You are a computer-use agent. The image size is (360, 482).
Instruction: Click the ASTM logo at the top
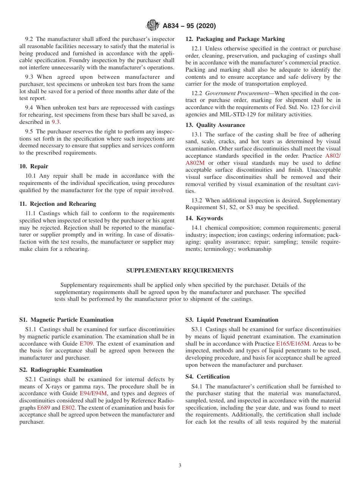[x=153, y=26]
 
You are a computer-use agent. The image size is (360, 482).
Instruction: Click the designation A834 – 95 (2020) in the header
[x=189, y=26]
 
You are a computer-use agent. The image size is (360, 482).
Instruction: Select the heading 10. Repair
[x=34, y=166]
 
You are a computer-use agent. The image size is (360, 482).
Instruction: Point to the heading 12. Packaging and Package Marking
[x=235, y=39]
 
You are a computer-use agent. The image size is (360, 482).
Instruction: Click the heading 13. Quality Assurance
[x=215, y=125]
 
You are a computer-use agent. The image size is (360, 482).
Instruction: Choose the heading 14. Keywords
[x=204, y=218]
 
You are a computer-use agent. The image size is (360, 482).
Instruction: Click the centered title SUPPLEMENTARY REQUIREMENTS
[x=180, y=271]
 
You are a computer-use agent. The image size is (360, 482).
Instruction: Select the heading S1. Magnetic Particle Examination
[x=66, y=320]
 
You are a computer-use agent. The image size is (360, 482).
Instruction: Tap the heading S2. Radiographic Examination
[x=61, y=370]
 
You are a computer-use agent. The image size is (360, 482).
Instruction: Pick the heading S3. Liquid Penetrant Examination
[x=232, y=320]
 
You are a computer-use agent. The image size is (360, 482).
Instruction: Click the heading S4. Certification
[x=208, y=377]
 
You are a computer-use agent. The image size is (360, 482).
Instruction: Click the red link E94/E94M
[x=93, y=394]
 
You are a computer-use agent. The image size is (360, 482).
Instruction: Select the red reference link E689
[x=43, y=408]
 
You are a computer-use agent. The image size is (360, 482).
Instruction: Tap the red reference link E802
[x=68, y=408]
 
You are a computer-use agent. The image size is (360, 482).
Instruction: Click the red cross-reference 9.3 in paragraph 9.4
[x=55, y=122]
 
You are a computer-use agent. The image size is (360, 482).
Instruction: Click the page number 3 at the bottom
[x=180, y=466]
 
